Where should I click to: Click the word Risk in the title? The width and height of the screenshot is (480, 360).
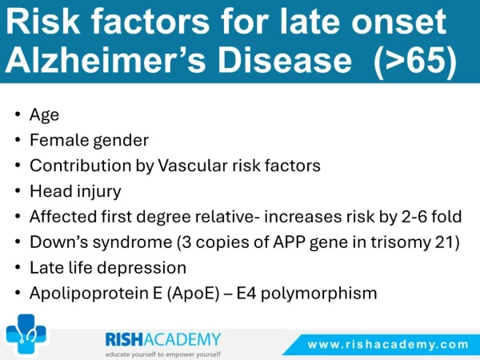(43, 22)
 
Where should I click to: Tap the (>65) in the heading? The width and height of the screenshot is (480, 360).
(415, 60)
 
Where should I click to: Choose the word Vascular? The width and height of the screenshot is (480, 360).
(193, 166)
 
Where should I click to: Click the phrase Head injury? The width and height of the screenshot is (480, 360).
(75, 191)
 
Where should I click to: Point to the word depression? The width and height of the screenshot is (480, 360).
(142, 268)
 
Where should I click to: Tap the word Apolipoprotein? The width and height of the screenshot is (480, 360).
(91, 294)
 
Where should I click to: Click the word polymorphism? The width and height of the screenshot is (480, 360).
(318, 294)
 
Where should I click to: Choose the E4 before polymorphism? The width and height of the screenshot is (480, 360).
(246, 293)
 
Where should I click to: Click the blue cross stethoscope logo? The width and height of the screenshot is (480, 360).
(26, 334)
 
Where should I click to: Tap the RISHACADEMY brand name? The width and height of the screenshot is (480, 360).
(163, 339)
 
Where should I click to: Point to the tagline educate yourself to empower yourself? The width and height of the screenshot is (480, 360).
(163, 354)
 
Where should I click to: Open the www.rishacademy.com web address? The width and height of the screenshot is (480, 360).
(388, 345)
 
